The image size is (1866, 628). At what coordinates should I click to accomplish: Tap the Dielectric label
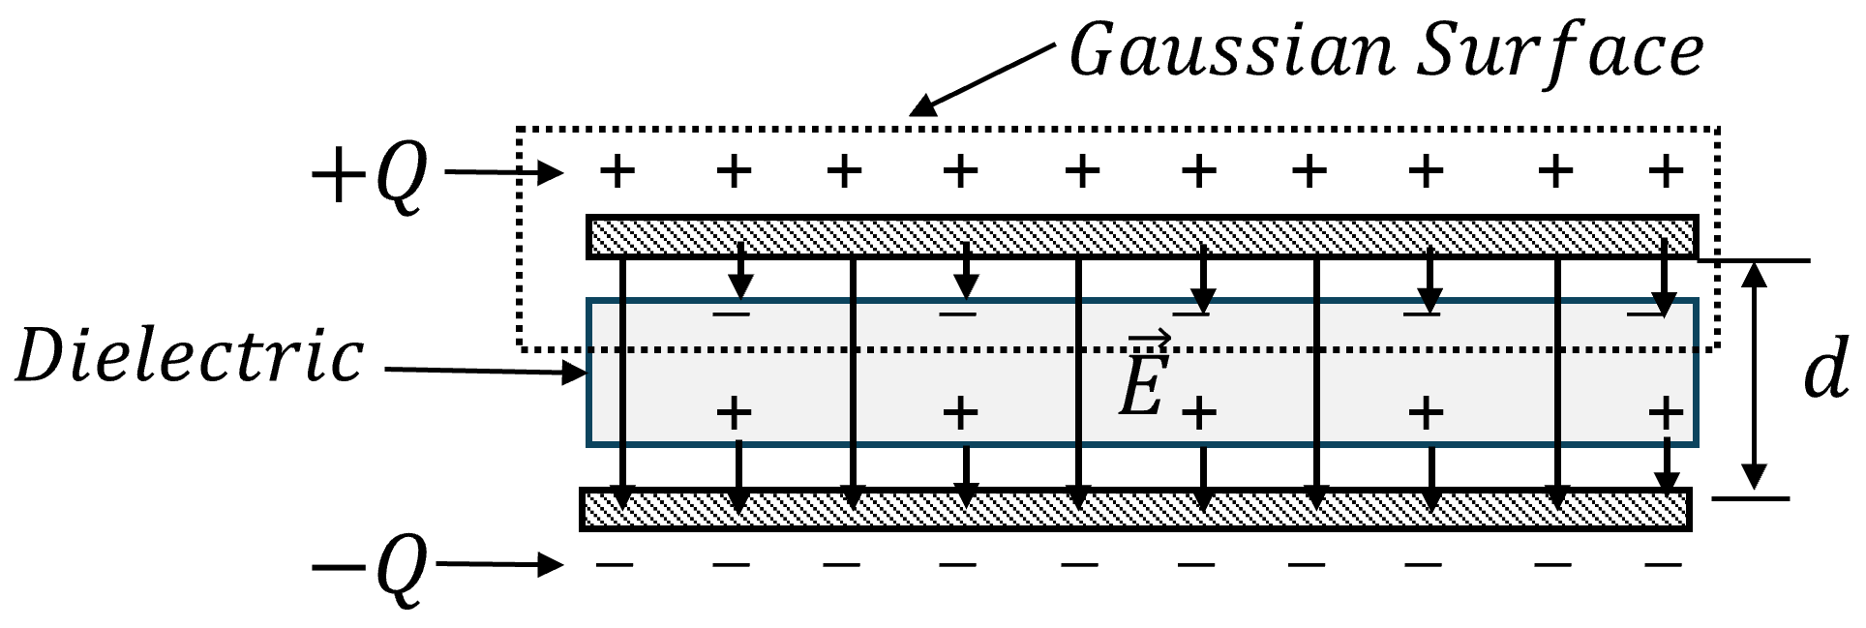[190, 356]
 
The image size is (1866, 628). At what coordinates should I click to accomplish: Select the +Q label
[368, 178]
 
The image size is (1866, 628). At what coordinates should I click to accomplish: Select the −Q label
[368, 569]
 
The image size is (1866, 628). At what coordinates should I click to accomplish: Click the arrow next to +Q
[503, 174]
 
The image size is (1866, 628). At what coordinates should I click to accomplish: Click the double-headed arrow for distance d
[1755, 376]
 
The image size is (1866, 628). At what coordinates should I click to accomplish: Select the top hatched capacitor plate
[1142, 237]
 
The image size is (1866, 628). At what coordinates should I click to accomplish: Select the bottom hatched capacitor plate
[1136, 509]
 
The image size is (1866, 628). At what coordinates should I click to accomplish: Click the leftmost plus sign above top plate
[617, 172]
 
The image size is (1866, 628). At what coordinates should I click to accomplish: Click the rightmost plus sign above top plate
[1666, 172]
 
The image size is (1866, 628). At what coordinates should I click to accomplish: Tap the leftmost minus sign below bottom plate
[615, 564]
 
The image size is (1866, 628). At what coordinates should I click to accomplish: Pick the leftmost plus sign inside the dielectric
[735, 413]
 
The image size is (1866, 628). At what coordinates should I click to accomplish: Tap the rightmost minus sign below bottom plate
[1664, 564]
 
